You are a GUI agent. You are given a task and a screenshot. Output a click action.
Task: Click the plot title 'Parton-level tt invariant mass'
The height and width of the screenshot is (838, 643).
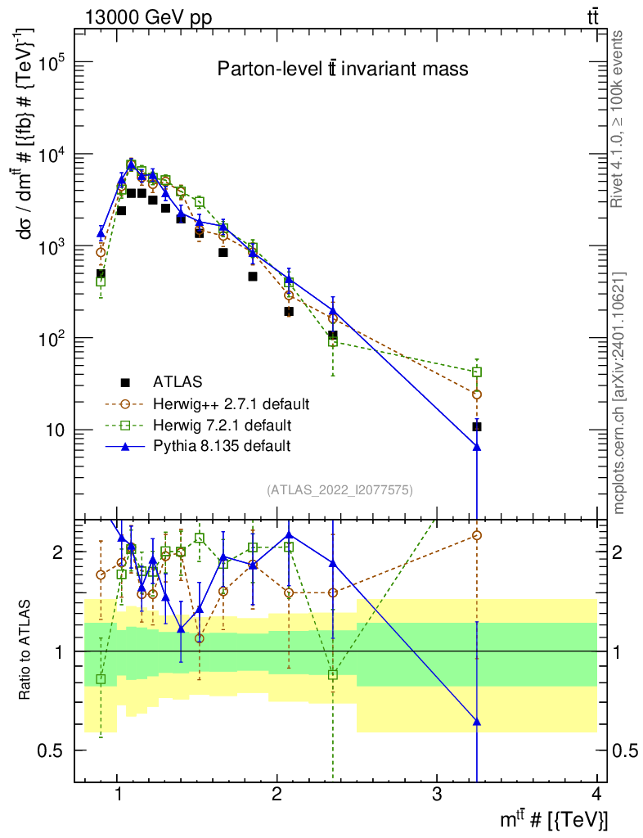click(342, 69)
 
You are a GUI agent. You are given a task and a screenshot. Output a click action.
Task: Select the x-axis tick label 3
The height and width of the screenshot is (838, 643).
click(437, 794)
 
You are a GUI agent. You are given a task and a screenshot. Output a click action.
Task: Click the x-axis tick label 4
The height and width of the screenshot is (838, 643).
click(596, 794)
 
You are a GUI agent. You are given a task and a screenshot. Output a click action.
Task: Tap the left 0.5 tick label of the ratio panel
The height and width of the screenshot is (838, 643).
click(52, 751)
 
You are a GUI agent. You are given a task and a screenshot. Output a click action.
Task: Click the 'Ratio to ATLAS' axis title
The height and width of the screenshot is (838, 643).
click(25, 650)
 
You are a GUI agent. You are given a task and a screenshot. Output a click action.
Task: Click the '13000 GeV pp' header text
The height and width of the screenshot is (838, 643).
click(148, 18)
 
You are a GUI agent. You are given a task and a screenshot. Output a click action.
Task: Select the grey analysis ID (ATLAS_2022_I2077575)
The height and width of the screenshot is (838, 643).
click(339, 490)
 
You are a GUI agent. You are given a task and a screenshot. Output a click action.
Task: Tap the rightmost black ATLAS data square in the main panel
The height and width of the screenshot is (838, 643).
click(477, 426)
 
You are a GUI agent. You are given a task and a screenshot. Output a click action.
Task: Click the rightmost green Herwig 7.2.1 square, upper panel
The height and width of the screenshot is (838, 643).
click(477, 372)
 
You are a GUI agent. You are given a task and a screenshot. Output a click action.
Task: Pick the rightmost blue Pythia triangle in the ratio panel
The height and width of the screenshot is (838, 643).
click(477, 722)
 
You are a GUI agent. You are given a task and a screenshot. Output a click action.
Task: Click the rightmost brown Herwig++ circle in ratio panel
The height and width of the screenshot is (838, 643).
click(477, 535)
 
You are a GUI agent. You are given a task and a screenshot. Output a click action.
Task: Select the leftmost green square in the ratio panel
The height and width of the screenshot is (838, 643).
click(101, 679)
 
